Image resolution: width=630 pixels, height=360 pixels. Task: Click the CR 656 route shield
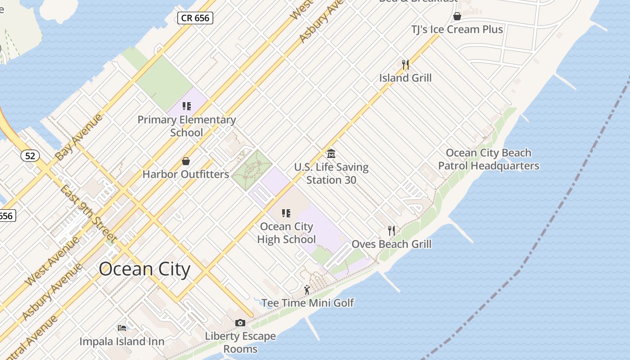(x=195, y=18)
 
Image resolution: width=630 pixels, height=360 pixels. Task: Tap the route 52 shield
(x=30, y=156)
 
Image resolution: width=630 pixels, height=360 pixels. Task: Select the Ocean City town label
(x=144, y=269)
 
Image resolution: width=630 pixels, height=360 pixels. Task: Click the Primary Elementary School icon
(x=186, y=106)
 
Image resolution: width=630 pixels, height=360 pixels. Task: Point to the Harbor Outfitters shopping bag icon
(x=185, y=161)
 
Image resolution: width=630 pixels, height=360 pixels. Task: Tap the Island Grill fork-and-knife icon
(x=405, y=65)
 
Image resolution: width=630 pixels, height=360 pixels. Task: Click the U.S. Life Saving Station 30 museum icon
(x=331, y=154)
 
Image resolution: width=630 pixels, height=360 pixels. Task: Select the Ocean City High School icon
(x=286, y=213)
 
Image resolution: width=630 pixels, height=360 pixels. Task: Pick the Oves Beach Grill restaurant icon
(x=391, y=231)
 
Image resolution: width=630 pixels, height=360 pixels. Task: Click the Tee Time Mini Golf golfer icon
(x=307, y=290)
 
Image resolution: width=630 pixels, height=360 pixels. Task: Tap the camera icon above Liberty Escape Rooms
(x=240, y=323)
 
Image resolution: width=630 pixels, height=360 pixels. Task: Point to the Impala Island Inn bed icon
(x=122, y=328)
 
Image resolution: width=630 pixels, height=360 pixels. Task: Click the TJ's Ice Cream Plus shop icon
(x=457, y=17)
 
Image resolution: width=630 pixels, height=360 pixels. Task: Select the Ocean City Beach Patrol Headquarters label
(x=488, y=159)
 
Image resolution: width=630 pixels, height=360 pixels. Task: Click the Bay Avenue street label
(x=79, y=137)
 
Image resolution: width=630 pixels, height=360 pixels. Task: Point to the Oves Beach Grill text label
(x=391, y=244)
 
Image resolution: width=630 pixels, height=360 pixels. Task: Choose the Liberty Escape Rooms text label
(x=240, y=342)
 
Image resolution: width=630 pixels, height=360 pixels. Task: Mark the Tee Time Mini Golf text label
(x=308, y=303)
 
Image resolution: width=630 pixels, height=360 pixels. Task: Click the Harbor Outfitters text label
(x=186, y=174)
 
